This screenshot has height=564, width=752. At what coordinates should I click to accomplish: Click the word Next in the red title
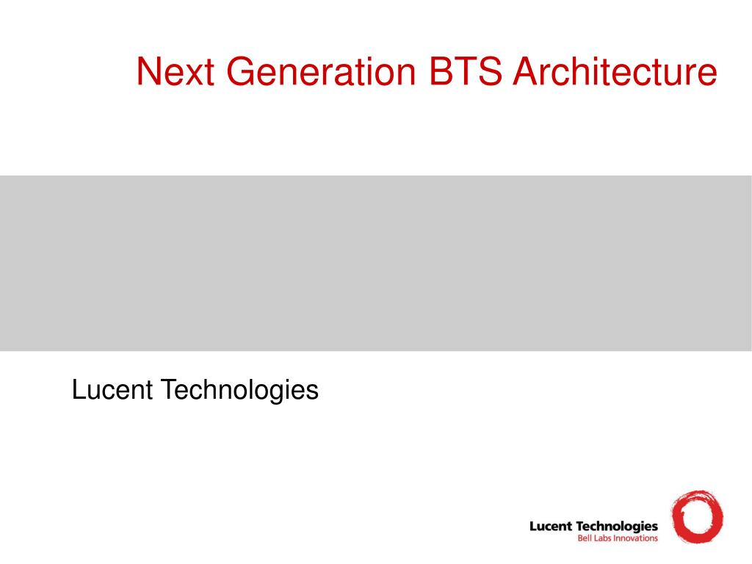175,71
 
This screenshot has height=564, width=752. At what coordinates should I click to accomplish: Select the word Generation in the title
321,71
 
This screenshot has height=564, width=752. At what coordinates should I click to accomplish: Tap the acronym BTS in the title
465,71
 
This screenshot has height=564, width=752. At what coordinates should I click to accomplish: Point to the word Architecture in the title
615,71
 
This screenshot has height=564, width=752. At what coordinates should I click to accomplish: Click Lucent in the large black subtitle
112,389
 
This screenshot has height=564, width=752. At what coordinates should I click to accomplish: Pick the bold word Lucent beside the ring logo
551,527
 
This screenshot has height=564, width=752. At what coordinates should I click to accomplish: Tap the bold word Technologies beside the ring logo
616,527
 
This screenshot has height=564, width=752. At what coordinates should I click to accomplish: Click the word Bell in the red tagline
585,538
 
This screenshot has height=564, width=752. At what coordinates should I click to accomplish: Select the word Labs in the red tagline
601,538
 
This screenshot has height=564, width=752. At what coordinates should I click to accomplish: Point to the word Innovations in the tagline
634,538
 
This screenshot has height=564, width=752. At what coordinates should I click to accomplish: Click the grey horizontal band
376,264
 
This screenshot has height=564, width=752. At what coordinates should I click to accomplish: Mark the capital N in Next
148,71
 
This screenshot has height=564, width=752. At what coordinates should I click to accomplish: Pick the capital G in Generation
240,71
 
